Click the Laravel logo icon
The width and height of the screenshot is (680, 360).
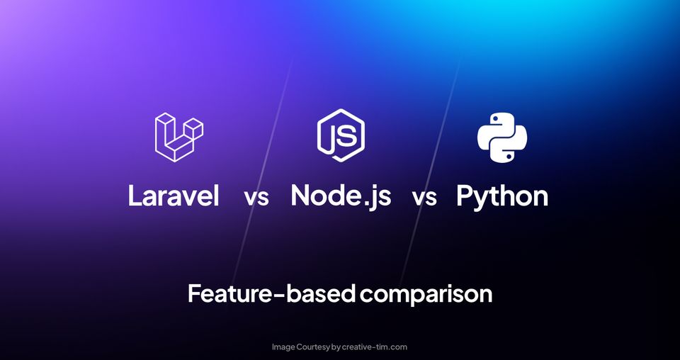click(178, 134)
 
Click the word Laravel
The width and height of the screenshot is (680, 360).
click(174, 196)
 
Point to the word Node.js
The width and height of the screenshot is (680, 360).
click(341, 196)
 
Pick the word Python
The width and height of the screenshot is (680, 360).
click(502, 196)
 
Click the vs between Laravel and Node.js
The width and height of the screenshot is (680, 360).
click(256, 198)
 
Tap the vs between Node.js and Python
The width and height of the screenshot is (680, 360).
click(424, 198)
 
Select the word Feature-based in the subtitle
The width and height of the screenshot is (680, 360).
click(270, 293)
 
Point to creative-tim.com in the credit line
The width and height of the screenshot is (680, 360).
click(375, 347)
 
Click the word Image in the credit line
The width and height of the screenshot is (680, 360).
click(285, 347)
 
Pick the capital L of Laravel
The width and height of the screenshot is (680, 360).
click(135, 196)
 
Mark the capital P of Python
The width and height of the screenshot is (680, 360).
click(465, 196)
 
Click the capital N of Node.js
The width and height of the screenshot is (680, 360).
click(301, 196)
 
